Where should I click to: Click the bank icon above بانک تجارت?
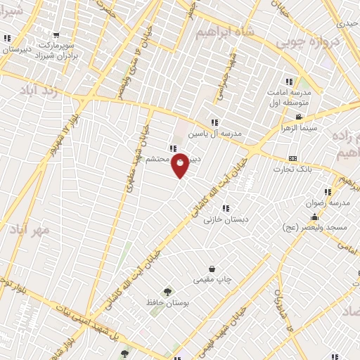(x=292, y=159)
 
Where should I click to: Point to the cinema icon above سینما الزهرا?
(x=299, y=117)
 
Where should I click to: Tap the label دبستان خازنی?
(x=223, y=219)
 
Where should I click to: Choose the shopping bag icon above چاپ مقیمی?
(x=212, y=269)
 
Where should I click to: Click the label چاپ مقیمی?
(x=212, y=279)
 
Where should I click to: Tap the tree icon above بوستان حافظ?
(x=167, y=292)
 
